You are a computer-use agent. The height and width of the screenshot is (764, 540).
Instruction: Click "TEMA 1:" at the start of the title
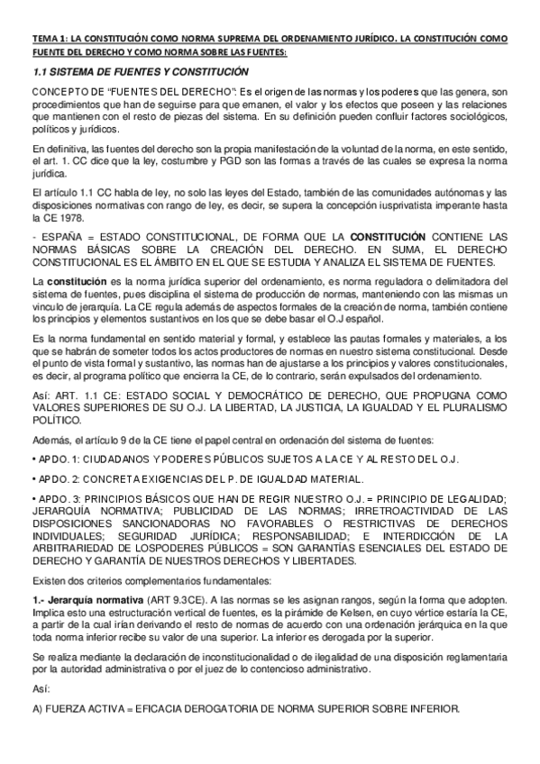pos(47,39)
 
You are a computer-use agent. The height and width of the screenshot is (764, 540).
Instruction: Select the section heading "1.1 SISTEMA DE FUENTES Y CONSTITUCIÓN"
pos(140,71)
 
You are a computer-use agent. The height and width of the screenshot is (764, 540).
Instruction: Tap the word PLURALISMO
pos(475,407)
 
